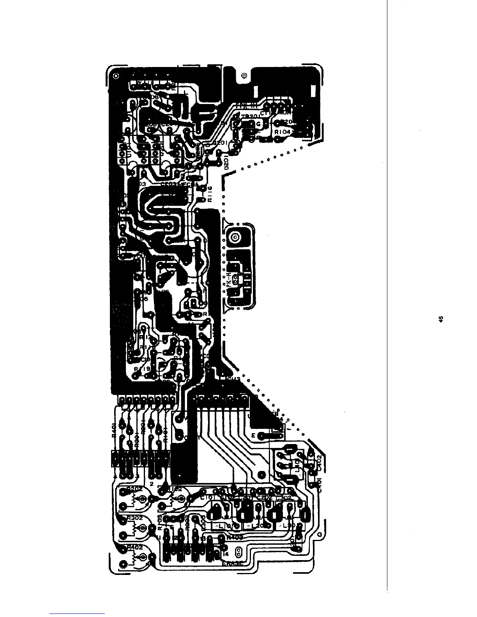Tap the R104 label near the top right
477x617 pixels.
pos(283,132)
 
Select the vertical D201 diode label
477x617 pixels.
pos(227,161)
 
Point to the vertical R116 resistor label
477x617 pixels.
pos(210,194)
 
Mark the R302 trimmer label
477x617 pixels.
pos(134,518)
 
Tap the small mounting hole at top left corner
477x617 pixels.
pos(116,75)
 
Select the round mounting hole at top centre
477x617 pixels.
pos(244,75)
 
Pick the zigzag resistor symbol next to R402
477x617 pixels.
pos(134,558)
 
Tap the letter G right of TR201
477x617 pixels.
pos(258,124)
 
